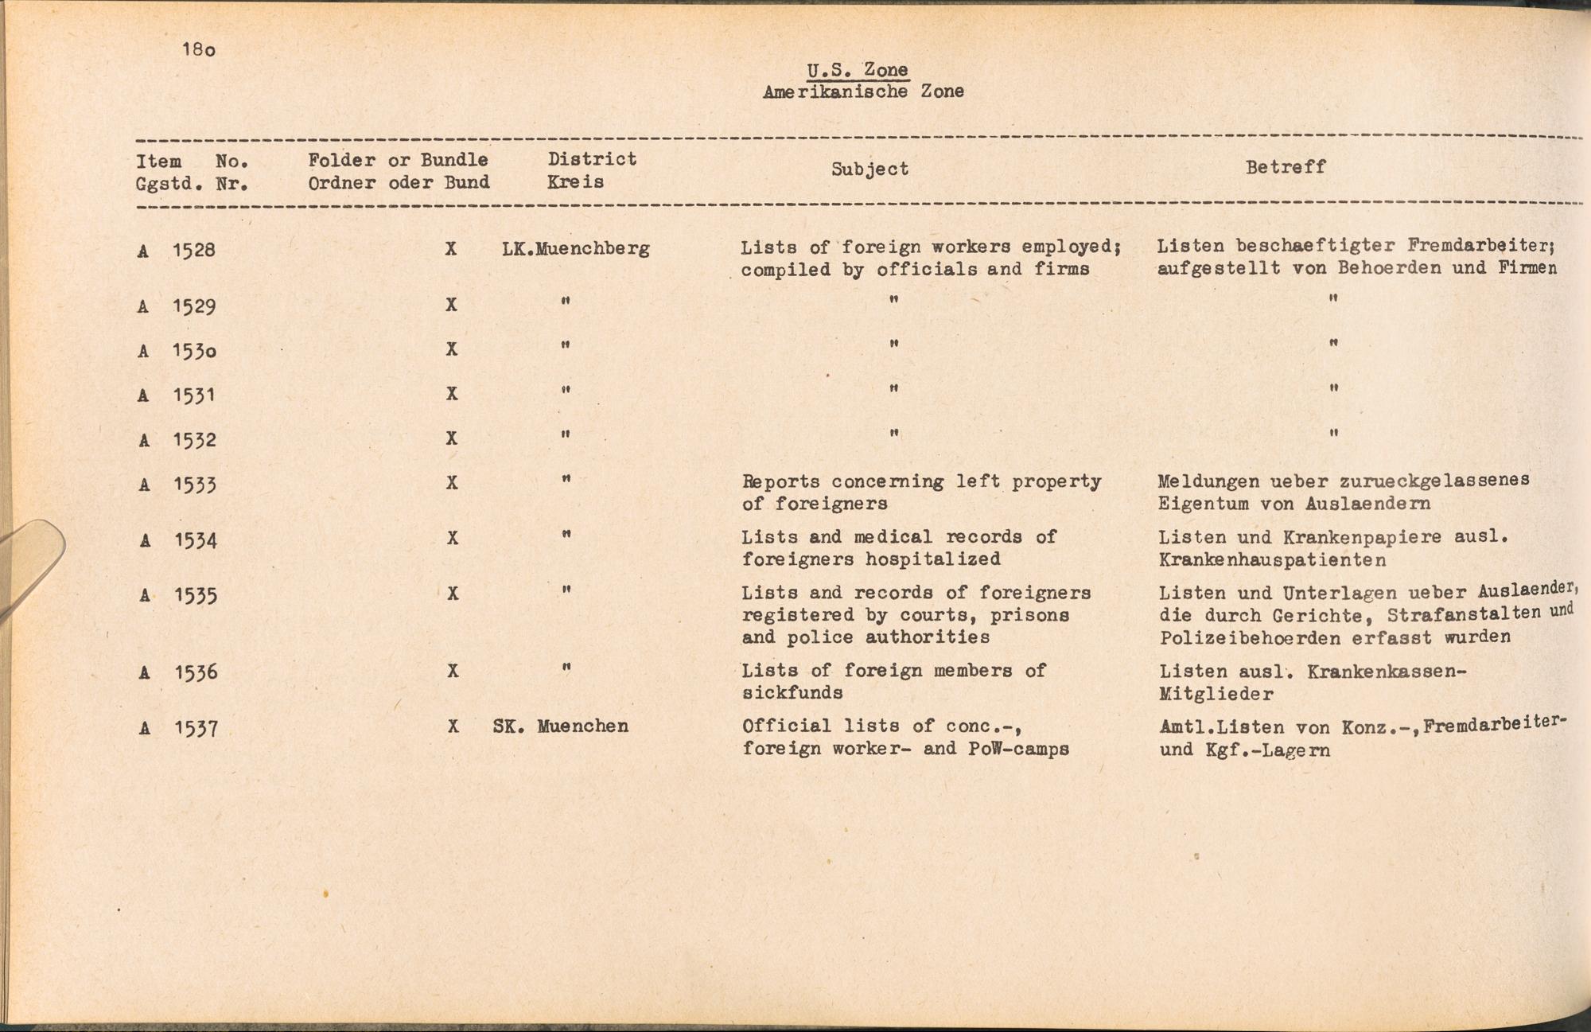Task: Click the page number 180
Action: (198, 49)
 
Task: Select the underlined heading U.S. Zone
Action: (858, 70)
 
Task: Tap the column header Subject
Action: (869, 169)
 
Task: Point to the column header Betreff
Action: (1286, 166)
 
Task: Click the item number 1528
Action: (194, 251)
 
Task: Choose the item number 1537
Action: (196, 728)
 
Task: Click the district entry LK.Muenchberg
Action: (576, 248)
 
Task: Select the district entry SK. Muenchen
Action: (561, 726)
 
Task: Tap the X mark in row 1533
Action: (452, 483)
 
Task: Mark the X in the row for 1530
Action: (452, 349)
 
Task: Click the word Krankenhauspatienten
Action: (1273, 559)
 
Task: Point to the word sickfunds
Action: (792, 692)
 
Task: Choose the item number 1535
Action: (196, 595)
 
